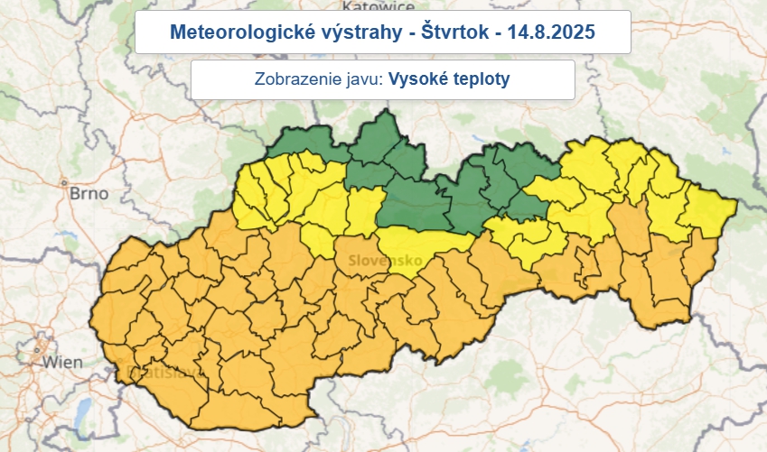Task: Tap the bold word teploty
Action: (481, 79)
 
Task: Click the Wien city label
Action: (62, 363)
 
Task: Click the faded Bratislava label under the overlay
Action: (156, 372)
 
